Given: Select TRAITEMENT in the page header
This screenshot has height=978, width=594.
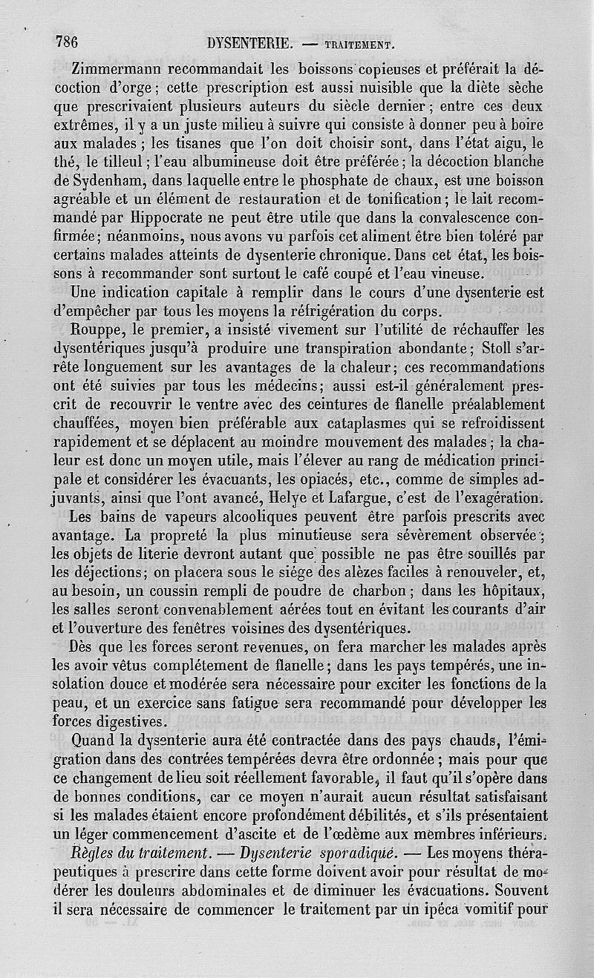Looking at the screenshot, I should (x=356, y=43).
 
